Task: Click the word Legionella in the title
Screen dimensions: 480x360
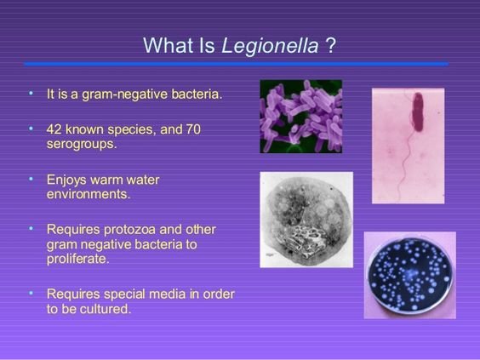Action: pos(270,47)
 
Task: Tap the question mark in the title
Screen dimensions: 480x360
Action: pos(330,45)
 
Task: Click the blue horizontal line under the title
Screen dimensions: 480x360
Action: pos(237,64)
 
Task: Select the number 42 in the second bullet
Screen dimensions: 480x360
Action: pos(54,129)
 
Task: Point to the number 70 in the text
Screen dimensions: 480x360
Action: pos(193,129)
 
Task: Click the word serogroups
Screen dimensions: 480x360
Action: pos(82,144)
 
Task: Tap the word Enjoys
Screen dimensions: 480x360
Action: pos(66,180)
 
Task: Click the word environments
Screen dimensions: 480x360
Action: pos(89,194)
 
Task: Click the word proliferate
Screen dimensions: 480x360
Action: pos(77,260)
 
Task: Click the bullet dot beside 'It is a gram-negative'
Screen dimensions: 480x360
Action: pos(31,93)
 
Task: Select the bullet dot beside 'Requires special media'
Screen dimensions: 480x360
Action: pos(31,293)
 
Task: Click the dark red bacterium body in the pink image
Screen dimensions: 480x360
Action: pos(418,112)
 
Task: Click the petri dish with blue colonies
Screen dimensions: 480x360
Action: pos(410,276)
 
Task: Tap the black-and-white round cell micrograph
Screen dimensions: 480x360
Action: pos(306,220)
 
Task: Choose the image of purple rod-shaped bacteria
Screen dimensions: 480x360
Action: pos(301,117)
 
